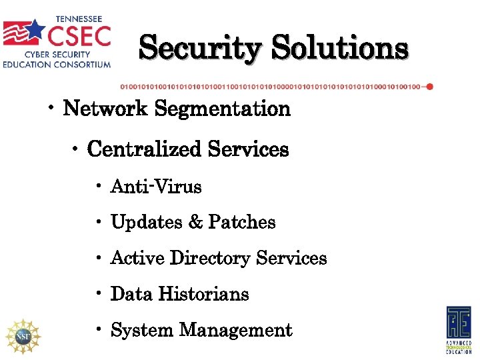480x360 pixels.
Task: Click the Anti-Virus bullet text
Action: [156, 187]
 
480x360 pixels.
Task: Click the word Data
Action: [130, 294]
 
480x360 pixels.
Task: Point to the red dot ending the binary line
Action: [429, 87]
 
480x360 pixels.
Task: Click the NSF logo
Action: [22, 335]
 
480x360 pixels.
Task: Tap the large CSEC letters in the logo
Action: [79, 33]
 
